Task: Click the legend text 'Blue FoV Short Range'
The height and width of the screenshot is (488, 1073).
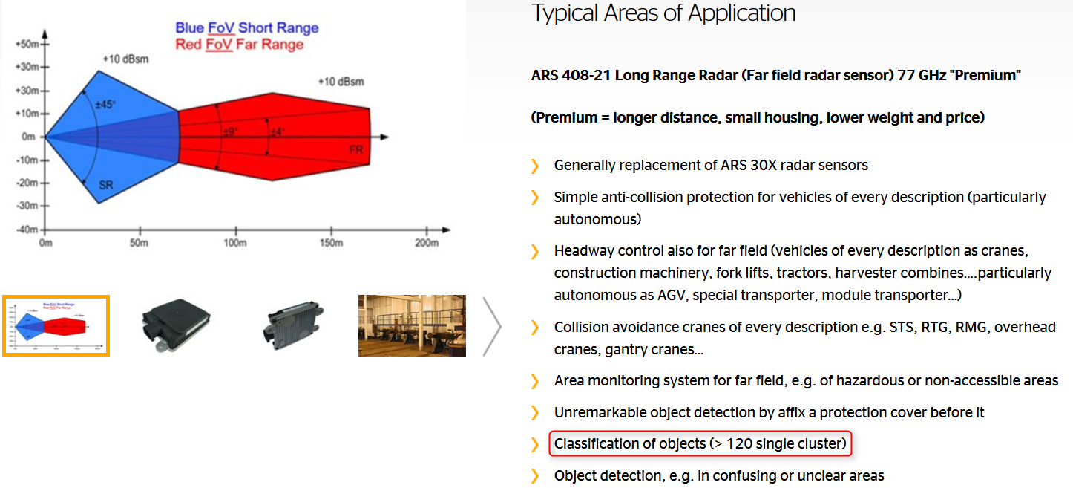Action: coord(246,27)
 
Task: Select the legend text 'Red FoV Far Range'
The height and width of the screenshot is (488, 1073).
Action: coord(240,45)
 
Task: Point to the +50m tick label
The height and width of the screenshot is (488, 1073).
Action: coord(27,44)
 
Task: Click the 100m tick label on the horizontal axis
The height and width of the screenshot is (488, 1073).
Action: coord(235,243)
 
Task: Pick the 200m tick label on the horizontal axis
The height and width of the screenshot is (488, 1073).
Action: coord(427,243)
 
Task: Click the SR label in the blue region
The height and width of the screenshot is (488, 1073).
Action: coord(106,185)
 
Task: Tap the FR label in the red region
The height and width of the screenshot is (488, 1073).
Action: coord(356,150)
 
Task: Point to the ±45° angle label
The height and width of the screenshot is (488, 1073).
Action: coord(105,105)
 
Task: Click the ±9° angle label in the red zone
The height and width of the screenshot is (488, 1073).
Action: coord(231,131)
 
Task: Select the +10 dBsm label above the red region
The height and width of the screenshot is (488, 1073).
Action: coord(341,82)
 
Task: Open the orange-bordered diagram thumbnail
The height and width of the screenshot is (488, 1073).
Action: coord(56,326)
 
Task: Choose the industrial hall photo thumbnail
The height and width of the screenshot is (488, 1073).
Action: coord(412,325)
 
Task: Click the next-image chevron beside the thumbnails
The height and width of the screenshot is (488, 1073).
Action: coord(492,327)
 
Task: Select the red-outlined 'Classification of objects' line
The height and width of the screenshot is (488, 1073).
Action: coord(700,443)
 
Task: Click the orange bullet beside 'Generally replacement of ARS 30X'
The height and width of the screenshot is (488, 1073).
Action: coord(535,166)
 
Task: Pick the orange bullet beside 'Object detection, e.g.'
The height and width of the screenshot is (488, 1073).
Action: coord(535,476)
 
